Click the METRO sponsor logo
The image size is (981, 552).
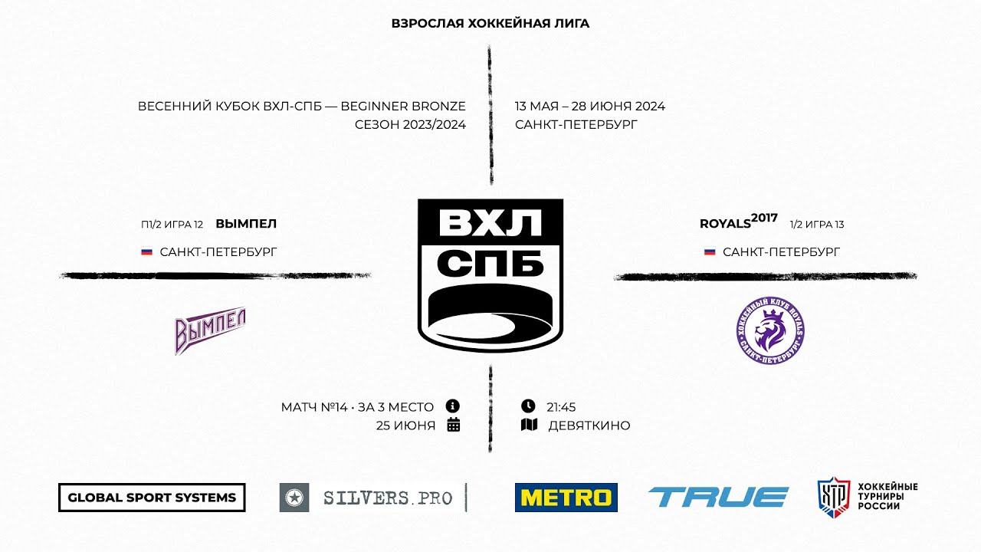[x=566, y=498]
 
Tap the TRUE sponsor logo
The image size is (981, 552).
[x=718, y=498]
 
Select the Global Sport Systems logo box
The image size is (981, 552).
[x=152, y=498]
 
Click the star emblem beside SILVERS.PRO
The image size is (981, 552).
[x=294, y=498]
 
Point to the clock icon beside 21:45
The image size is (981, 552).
[x=528, y=406]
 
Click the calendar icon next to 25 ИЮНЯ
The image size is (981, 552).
[x=453, y=425]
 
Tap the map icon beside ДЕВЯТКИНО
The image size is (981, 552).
[x=529, y=425]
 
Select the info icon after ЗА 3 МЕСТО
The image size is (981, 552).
[x=453, y=406]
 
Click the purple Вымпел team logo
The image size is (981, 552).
[x=210, y=330]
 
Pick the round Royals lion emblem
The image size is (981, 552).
[x=770, y=330]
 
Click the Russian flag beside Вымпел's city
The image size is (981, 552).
[x=146, y=252]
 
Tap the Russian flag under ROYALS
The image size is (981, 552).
[x=710, y=252]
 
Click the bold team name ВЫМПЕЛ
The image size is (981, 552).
[x=246, y=224]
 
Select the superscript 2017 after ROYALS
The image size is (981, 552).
[x=764, y=218]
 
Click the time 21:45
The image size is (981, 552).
[x=561, y=407]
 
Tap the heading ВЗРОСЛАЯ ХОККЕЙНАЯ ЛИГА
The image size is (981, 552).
[x=490, y=23]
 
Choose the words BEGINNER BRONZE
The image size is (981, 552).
[x=403, y=107]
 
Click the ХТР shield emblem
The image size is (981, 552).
[x=834, y=498]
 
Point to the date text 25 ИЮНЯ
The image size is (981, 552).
[x=405, y=426]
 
